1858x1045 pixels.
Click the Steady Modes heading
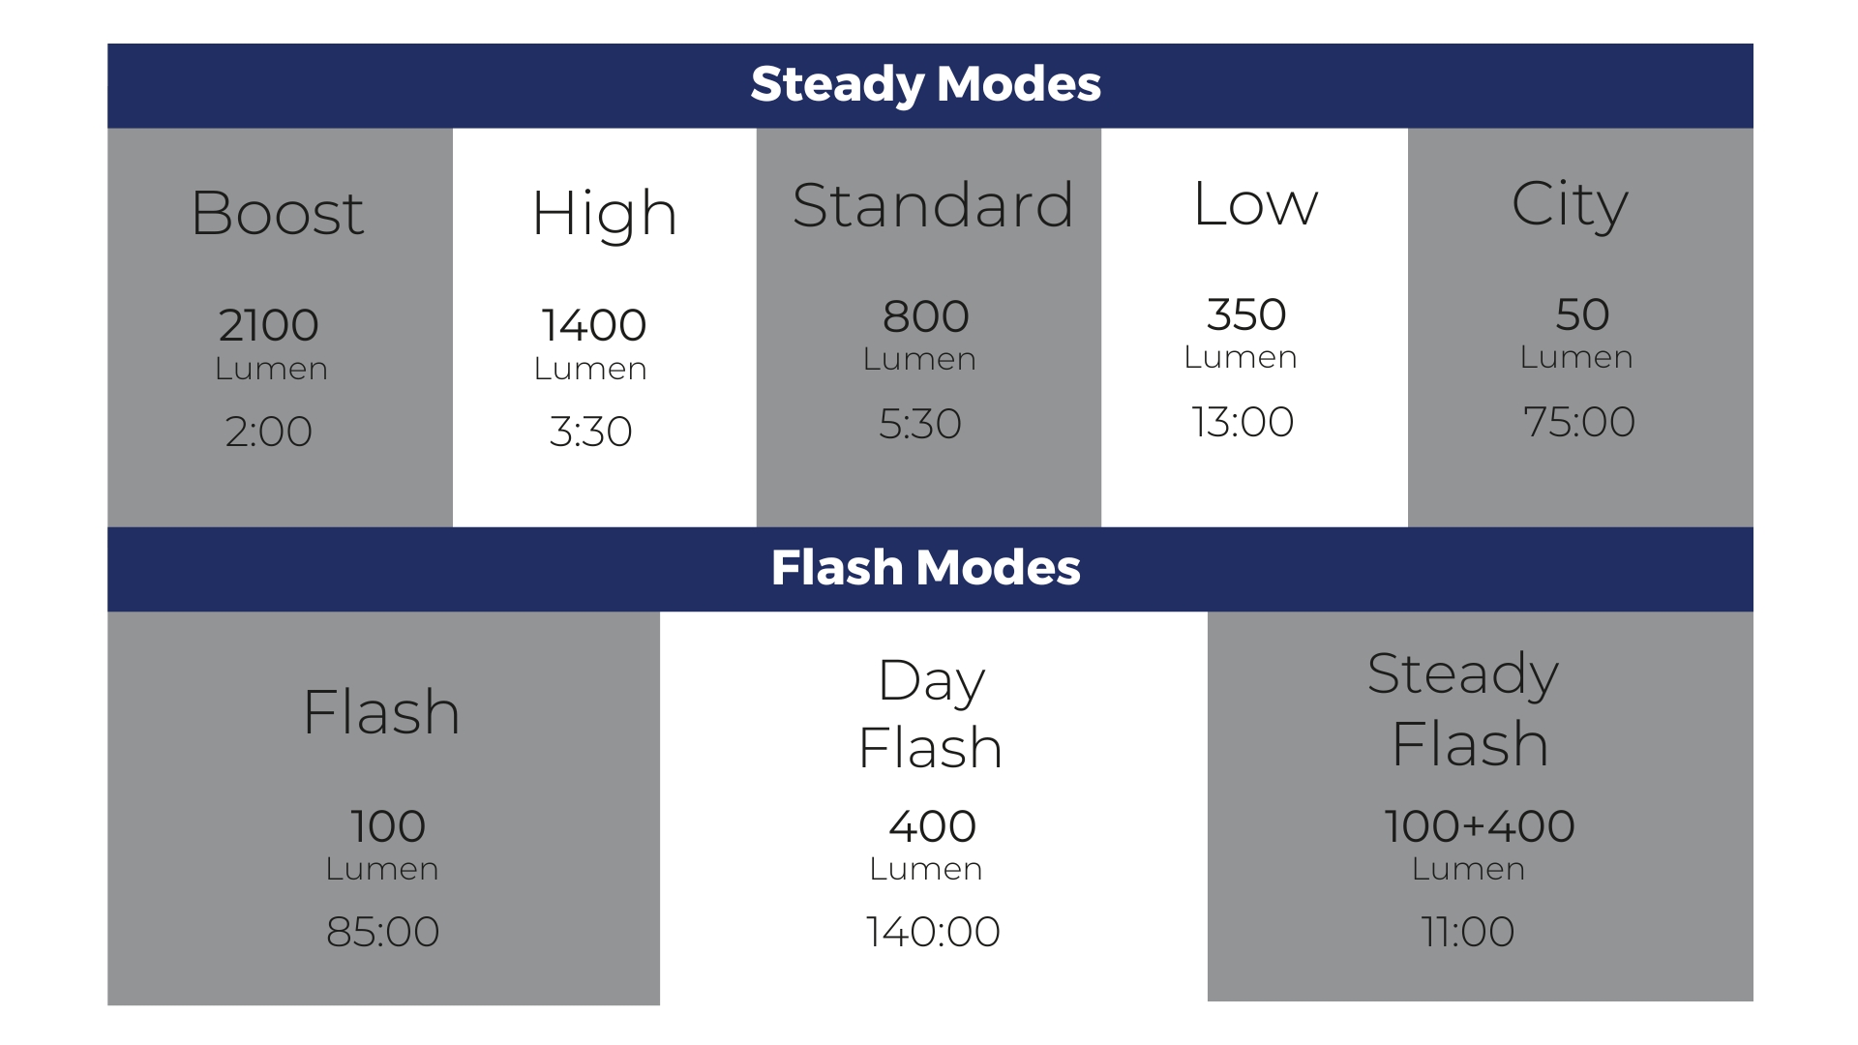click(926, 85)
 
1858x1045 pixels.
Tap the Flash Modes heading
click(926, 568)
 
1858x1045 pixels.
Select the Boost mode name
click(278, 213)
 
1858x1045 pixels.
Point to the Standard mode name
click(933, 205)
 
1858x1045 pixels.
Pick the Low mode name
click(1255, 204)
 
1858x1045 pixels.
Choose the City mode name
click(1570, 206)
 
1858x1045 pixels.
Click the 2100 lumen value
click(269, 325)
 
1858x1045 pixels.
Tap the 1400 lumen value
click(593, 325)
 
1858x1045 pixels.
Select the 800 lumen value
click(926, 316)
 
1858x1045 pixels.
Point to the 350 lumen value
click(1246, 314)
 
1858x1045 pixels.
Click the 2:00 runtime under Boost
click(269, 432)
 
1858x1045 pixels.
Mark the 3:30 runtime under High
click(590, 432)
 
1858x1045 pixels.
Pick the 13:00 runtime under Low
click(1243, 422)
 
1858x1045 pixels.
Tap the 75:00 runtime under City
click(1579, 422)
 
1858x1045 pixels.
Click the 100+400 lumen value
click(1480, 826)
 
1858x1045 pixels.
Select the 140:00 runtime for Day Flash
click(933, 932)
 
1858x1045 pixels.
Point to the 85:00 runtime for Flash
click(383, 932)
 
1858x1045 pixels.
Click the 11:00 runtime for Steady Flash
click(1468, 932)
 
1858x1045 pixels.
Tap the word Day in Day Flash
click(932, 682)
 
